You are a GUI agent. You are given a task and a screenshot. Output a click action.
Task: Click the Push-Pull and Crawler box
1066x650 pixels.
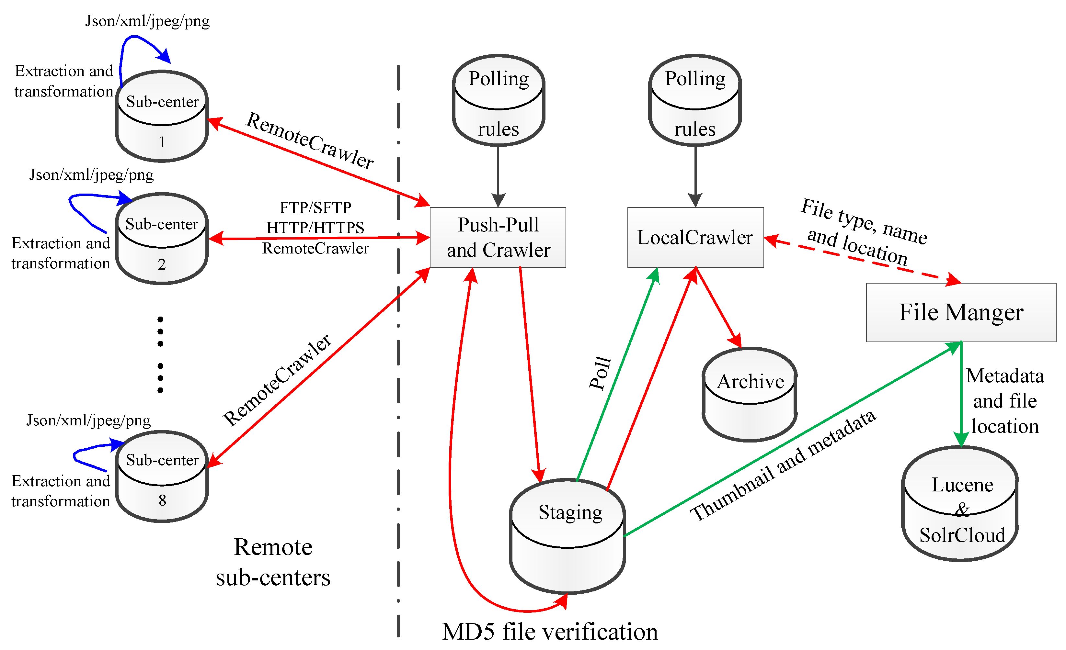498,237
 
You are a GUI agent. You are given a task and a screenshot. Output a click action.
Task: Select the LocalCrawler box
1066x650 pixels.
695,237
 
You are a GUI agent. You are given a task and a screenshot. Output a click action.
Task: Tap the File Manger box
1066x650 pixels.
960,312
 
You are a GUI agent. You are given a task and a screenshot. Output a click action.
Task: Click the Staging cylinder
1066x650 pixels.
567,536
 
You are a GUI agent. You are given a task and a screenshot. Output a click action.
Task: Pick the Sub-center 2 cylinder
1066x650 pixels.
162,239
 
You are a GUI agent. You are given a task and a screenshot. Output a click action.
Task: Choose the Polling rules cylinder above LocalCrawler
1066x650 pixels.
695,100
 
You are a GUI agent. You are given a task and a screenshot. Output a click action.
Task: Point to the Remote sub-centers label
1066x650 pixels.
273,562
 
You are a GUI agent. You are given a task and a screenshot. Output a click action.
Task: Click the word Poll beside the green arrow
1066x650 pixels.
601,373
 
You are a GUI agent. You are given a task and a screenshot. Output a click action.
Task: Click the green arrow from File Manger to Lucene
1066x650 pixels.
961,394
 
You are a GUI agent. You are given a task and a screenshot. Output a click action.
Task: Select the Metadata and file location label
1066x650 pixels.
1004,401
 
